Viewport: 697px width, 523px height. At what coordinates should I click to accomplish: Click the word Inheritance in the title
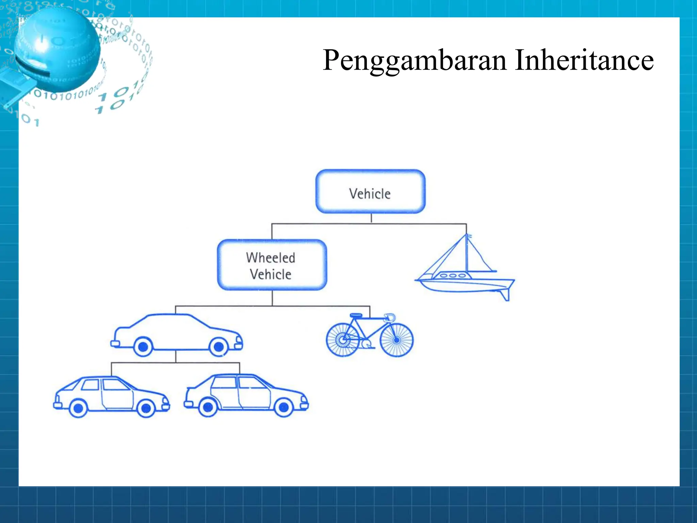tap(584, 60)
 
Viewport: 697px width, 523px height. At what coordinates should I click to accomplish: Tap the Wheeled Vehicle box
tap(272, 265)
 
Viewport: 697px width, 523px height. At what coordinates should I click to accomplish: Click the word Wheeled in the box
tap(271, 258)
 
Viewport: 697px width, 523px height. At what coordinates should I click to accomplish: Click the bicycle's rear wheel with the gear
tap(343, 340)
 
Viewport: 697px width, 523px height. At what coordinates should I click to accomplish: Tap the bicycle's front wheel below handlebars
tap(396, 340)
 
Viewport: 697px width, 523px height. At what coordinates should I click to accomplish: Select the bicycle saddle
tap(356, 315)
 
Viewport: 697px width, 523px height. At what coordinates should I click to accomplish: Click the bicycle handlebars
tap(389, 317)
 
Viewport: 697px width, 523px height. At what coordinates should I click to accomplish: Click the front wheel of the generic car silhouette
tap(218, 347)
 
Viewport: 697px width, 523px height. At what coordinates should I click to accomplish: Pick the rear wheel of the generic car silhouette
tap(143, 347)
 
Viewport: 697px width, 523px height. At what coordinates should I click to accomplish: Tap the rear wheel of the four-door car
tap(208, 407)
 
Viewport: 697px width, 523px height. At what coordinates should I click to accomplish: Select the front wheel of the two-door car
tap(146, 408)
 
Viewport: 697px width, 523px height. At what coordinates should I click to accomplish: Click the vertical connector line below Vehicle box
tap(371, 218)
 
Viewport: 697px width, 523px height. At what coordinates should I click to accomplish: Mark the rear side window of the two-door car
tap(91, 385)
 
